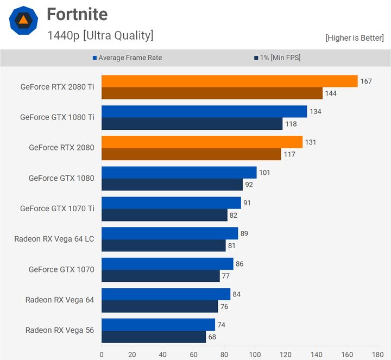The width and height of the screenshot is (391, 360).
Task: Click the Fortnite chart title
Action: tap(77, 14)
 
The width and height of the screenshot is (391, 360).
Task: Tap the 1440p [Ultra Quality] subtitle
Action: tap(100, 36)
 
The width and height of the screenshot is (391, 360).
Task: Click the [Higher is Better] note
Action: tap(355, 37)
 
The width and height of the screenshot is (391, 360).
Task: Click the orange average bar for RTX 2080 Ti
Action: tap(229, 81)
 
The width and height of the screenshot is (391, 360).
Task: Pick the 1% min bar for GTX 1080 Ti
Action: tap(192, 124)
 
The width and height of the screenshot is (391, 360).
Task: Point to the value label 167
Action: tap(366, 81)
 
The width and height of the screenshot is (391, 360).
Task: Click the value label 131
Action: tap(311, 142)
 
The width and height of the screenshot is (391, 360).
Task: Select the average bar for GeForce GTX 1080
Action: tap(179, 172)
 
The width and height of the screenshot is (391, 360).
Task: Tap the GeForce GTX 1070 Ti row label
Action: tap(57, 209)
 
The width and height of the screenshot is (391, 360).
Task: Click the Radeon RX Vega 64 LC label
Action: tap(54, 239)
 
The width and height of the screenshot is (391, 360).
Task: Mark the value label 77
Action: tap(228, 276)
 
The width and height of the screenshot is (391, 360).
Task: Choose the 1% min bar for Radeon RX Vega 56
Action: tap(154, 337)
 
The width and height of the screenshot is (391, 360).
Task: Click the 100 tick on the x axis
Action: tap(255, 354)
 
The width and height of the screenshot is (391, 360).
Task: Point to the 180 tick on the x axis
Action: tap(377, 354)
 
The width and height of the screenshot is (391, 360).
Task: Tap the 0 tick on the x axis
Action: tap(102, 354)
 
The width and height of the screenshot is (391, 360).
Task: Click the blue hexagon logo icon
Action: tap(23, 21)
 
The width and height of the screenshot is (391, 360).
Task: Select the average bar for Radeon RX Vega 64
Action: tap(166, 294)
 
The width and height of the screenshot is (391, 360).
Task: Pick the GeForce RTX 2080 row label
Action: tap(61, 148)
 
